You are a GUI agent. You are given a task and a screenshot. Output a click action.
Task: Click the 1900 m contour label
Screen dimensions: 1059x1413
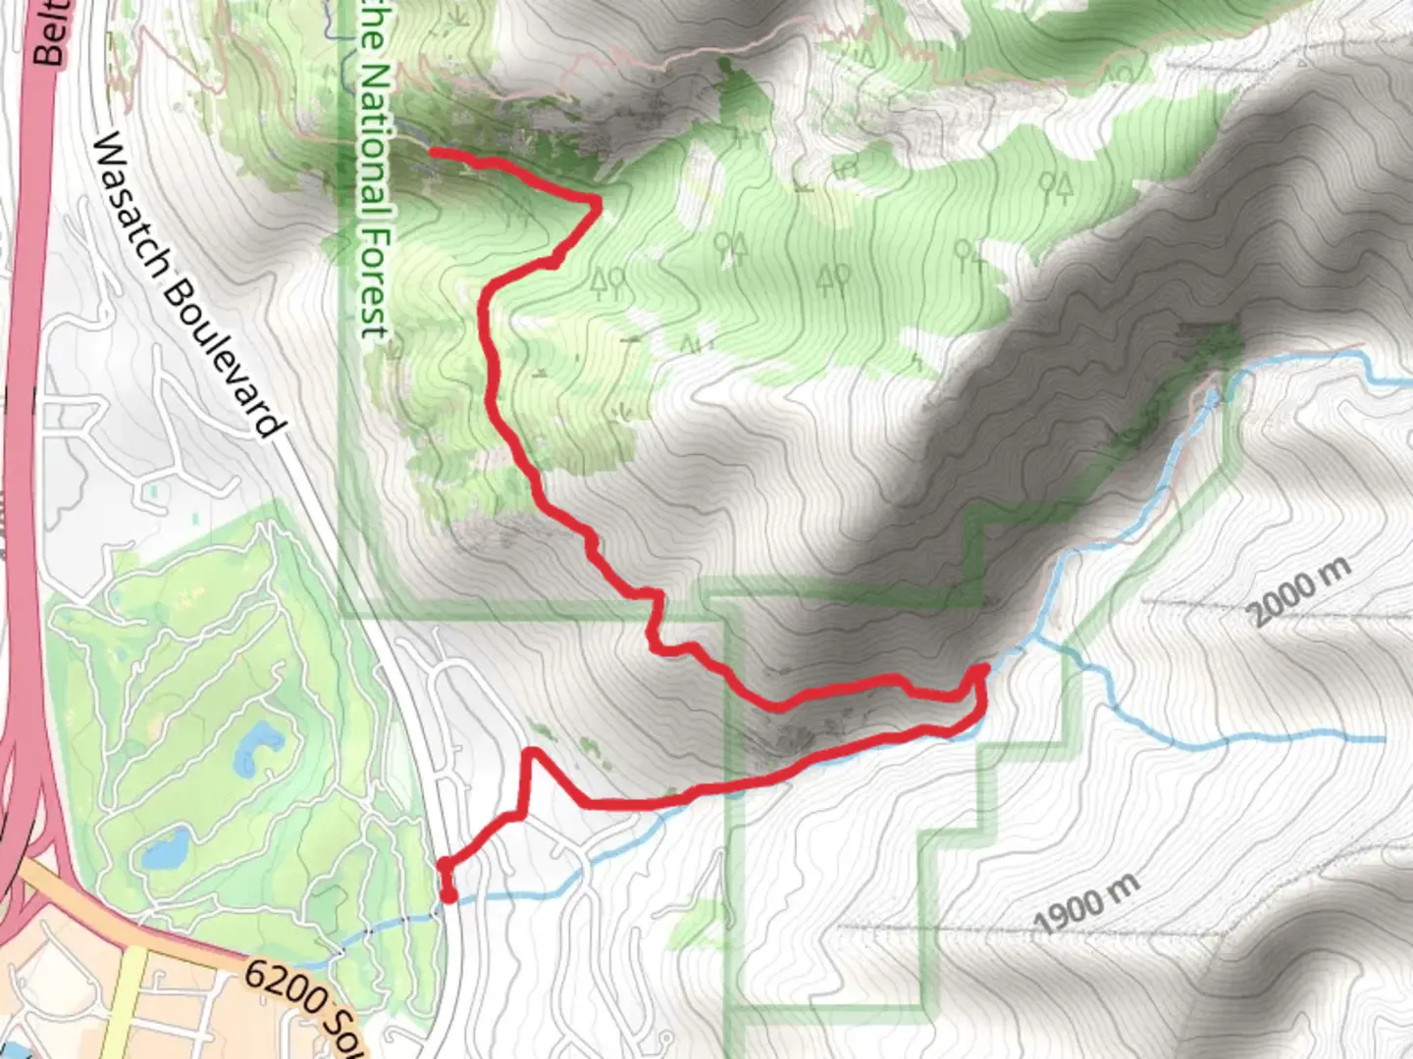pos(1087,904)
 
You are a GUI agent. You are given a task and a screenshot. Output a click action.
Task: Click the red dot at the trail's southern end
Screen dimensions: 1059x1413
pos(448,895)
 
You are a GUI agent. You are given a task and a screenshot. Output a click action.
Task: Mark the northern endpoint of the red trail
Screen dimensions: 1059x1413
pos(433,152)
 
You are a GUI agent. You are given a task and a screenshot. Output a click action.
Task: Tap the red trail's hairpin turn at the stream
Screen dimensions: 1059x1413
pos(981,673)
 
